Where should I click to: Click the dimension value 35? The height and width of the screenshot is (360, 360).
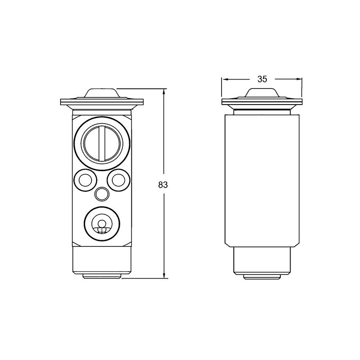pyautogui.click(x=263, y=79)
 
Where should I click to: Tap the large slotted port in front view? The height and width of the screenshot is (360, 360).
pyautogui.click(x=102, y=142)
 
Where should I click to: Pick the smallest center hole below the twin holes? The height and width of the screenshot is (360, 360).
pyautogui.click(x=102, y=194)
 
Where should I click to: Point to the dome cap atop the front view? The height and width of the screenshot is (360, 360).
pyautogui.click(x=102, y=93)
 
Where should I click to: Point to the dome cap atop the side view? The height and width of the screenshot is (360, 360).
pyautogui.click(x=263, y=93)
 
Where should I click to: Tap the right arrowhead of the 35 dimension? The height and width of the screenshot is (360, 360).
pyautogui.click(x=300, y=79)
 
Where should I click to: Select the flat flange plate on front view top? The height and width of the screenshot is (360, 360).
pyautogui.click(x=102, y=102)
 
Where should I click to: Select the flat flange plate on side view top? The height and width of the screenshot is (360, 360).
pyautogui.click(x=263, y=102)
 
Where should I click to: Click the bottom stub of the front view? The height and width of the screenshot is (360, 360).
pyautogui.click(x=102, y=276)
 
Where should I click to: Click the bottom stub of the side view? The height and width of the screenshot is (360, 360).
pyautogui.click(x=263, y=276)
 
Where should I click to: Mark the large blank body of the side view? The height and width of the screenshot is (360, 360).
pyautogui.click(x=263, y=178)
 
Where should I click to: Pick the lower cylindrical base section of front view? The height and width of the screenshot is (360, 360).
pyautogui.click(x=102, y=260)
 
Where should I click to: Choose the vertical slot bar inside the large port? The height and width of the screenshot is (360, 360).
pyautogui.click(x=102, y=142)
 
